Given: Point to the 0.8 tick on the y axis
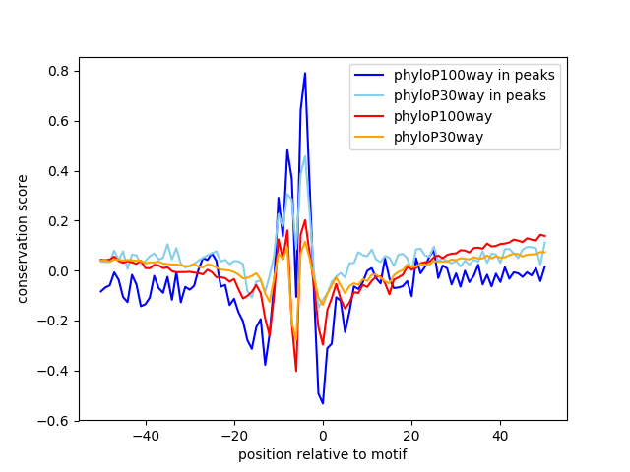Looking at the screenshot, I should pos(60,72).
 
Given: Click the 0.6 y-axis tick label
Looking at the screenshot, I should pos(60,122).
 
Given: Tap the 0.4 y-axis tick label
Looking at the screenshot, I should pos(60,171).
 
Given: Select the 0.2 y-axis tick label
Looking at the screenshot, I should pos(60,221).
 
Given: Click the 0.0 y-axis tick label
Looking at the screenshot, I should pos(60,271).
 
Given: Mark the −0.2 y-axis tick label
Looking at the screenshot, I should pos(56,321).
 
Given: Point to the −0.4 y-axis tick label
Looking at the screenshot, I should pos(56,371).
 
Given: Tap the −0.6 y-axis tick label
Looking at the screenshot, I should pos(56,421).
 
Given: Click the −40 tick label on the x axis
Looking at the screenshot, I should pos(145,436).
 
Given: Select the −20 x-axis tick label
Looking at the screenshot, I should pos(233,436).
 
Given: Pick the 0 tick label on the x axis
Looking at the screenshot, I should pos(323,436).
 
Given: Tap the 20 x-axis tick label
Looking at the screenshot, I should pos(411,436).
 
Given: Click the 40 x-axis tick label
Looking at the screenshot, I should pos(500,436).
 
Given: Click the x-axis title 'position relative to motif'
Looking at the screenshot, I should pos(322,454).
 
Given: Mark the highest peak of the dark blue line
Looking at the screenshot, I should pos(305,73).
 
